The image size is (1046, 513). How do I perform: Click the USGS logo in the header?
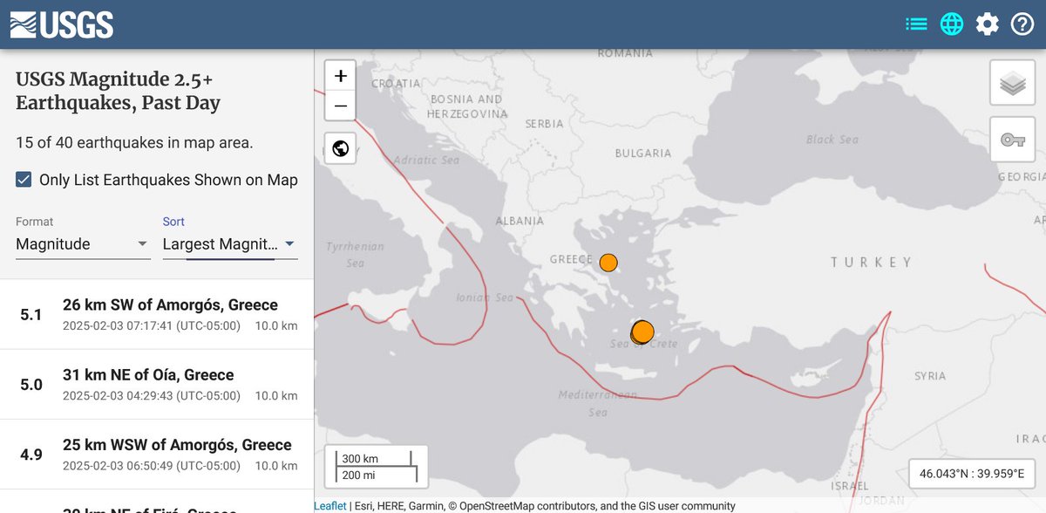[x=61, y=24]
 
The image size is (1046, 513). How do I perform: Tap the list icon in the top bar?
[x=916, y=24]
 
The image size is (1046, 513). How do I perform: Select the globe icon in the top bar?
[x=952, y=24]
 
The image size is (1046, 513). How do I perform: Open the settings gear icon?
[x=987, y=24]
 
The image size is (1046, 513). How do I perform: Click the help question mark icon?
[x=1022, y=24]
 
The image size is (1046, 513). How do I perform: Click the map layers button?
[x=1012, y=84]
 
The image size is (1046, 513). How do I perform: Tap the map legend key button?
[x=1012, y=140]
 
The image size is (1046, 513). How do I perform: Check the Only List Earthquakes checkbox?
[x=24, y=180]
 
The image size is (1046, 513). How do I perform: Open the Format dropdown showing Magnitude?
[x=83, y=244]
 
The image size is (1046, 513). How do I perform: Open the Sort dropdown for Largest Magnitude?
[x=229, y=244]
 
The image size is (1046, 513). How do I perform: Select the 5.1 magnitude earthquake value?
[x=31, y=314]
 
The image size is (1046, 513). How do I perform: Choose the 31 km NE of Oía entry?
[x=148, y=375]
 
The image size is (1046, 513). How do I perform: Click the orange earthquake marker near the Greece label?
[x=608, y=262]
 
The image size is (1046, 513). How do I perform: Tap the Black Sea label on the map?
[x=832, y=140]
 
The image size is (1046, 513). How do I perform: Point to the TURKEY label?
[x=870, y=262]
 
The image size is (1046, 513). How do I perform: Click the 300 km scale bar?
[x=375, y=459]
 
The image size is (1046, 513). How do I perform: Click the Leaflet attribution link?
[x=330, y=506]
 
